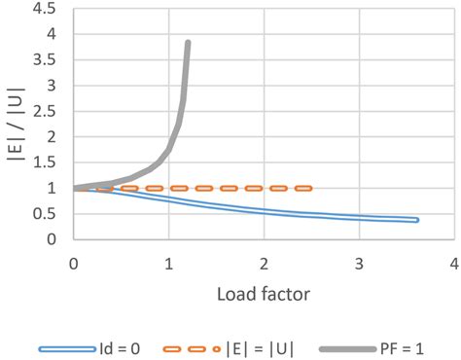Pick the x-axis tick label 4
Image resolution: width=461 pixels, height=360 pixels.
tap(453, 264)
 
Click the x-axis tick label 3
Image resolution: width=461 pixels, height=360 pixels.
tap(358, 264)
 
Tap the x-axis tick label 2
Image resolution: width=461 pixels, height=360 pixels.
tap(264, 264)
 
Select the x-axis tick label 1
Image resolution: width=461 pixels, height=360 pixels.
tap(168, 264)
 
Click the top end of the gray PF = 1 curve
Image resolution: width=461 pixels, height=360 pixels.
tap(188, 44)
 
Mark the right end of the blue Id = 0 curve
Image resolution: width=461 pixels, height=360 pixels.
tap(416, 220)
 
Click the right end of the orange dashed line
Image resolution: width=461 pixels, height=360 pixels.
tap(309, 188)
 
